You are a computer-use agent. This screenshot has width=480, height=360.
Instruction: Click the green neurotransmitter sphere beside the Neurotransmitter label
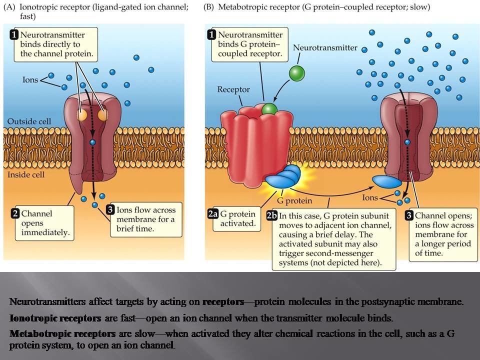coord(296,73)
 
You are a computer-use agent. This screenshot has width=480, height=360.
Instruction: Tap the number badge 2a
coord(213,214)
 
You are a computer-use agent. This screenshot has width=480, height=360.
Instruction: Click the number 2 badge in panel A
coord(15,213)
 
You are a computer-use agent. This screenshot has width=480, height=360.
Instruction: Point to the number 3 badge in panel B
coord(409,215)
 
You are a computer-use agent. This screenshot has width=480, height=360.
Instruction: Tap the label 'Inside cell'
coord(25,174)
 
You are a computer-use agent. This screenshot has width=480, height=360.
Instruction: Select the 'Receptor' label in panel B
coord(233,89)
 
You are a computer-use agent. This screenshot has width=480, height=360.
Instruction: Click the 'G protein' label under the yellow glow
coord(294,201)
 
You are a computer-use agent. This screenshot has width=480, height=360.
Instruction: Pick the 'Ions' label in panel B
coord(370,197)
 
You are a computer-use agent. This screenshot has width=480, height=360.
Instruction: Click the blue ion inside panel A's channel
coord(92,142)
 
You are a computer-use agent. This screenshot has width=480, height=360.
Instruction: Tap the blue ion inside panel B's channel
coord(407,142)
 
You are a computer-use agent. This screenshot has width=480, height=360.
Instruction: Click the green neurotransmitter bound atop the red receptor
coord(269,108)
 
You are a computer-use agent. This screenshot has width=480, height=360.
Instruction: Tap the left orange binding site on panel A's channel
coord(82,115)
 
